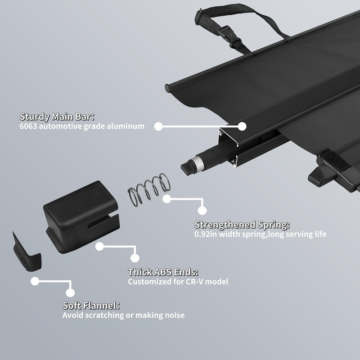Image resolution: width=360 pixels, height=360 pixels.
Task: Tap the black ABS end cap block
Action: point(81,216)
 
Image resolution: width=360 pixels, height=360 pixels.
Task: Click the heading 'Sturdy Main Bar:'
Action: point(57,117)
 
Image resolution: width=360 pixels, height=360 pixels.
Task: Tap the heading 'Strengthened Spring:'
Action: point(242,225)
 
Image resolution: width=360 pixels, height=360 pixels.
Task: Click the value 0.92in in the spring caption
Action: point(206,234)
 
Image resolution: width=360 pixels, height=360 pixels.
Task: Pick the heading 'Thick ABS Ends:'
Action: point(163,272)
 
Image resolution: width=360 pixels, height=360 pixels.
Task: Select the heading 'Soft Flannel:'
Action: point(91,306)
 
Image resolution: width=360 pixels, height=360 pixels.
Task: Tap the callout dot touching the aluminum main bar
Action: point(242,126)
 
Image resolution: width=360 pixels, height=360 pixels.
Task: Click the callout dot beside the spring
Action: point(167,199)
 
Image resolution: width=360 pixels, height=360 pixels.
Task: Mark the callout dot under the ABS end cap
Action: point(99,247)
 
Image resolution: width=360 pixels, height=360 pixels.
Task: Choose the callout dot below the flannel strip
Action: point(35,281)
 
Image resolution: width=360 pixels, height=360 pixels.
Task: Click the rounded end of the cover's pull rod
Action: point(167,88)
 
